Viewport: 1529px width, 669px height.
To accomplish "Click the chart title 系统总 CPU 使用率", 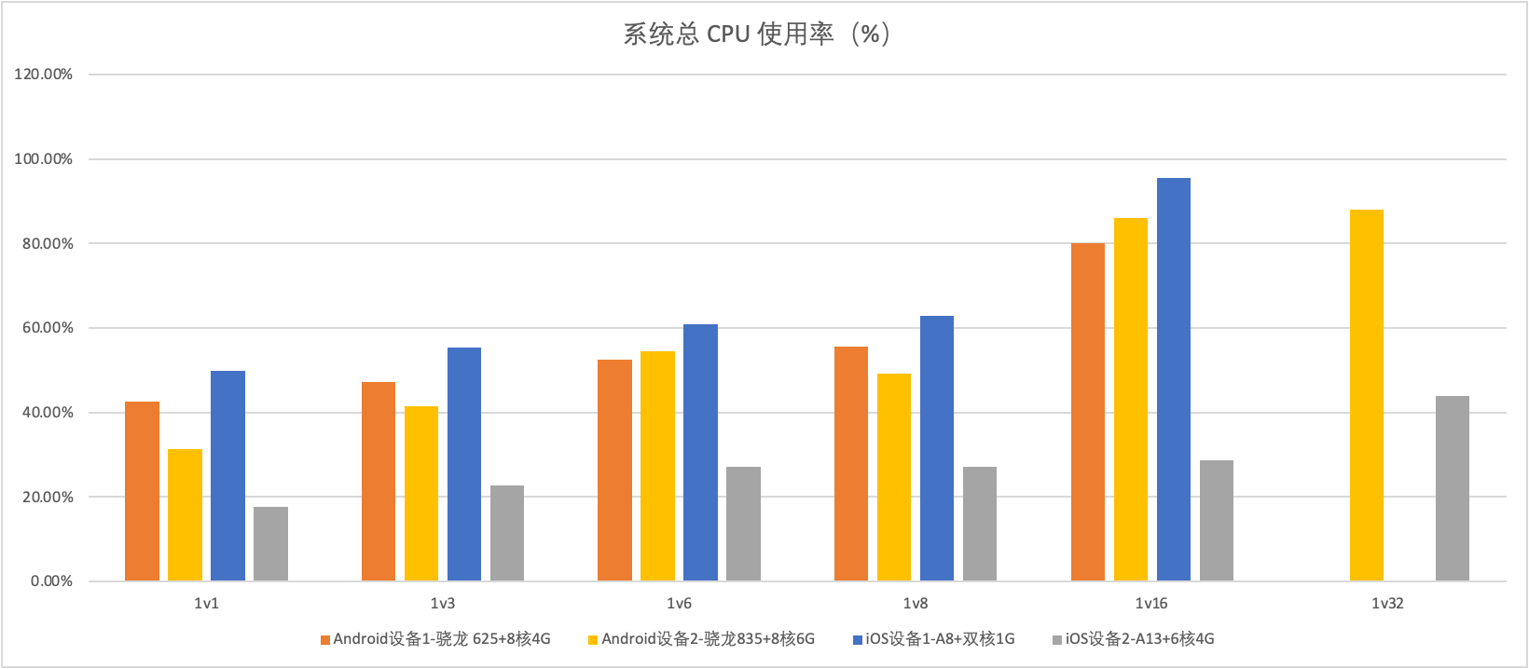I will (756, 34).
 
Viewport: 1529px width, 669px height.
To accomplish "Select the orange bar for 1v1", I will (142, 491).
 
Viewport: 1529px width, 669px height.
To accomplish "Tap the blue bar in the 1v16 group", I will (1174, 379).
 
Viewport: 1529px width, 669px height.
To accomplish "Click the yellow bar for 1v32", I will (1367, 395).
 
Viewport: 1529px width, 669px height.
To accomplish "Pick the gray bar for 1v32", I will (1453, 488).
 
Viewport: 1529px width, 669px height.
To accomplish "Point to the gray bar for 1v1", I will (270, 543).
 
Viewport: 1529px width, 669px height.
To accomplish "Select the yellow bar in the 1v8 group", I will (894, 477).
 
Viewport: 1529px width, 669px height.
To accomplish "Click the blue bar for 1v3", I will (464, 464).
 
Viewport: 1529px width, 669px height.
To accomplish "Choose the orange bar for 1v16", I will (1088, 412).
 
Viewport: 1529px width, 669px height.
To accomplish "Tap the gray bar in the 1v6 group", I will (743, 524).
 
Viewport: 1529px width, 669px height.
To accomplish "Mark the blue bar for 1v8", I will (937, 448).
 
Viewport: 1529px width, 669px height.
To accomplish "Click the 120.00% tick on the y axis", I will (44, 75).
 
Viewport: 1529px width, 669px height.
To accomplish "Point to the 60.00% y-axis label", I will (44, 328).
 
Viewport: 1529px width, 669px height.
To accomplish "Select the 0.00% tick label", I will (51, 581).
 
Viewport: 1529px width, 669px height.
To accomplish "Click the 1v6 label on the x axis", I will (679, 604).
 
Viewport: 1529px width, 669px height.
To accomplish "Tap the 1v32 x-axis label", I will (1387, 604).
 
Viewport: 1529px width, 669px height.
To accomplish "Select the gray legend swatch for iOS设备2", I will (1057, 640).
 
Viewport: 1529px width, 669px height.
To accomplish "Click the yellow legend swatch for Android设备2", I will (593, 640).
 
